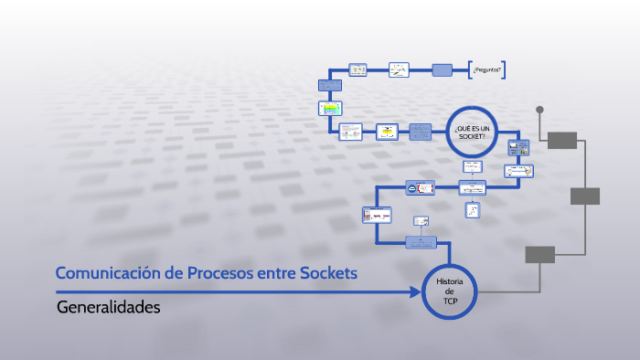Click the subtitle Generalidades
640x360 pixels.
click(108, 307)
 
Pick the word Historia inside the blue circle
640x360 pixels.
click(450, 282)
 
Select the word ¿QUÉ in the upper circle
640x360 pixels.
click(462, 129)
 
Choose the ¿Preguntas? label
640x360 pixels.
click(488, 69)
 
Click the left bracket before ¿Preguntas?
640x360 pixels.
click(470, 69)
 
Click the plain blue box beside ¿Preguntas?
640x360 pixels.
click(442, 69)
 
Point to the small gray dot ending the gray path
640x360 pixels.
click(539, 110)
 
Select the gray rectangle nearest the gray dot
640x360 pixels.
click(562, 140)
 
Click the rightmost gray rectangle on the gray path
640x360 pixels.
click(585, 196)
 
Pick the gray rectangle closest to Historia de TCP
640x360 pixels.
click(539, 254)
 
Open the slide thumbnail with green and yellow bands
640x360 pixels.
click(329, 108)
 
